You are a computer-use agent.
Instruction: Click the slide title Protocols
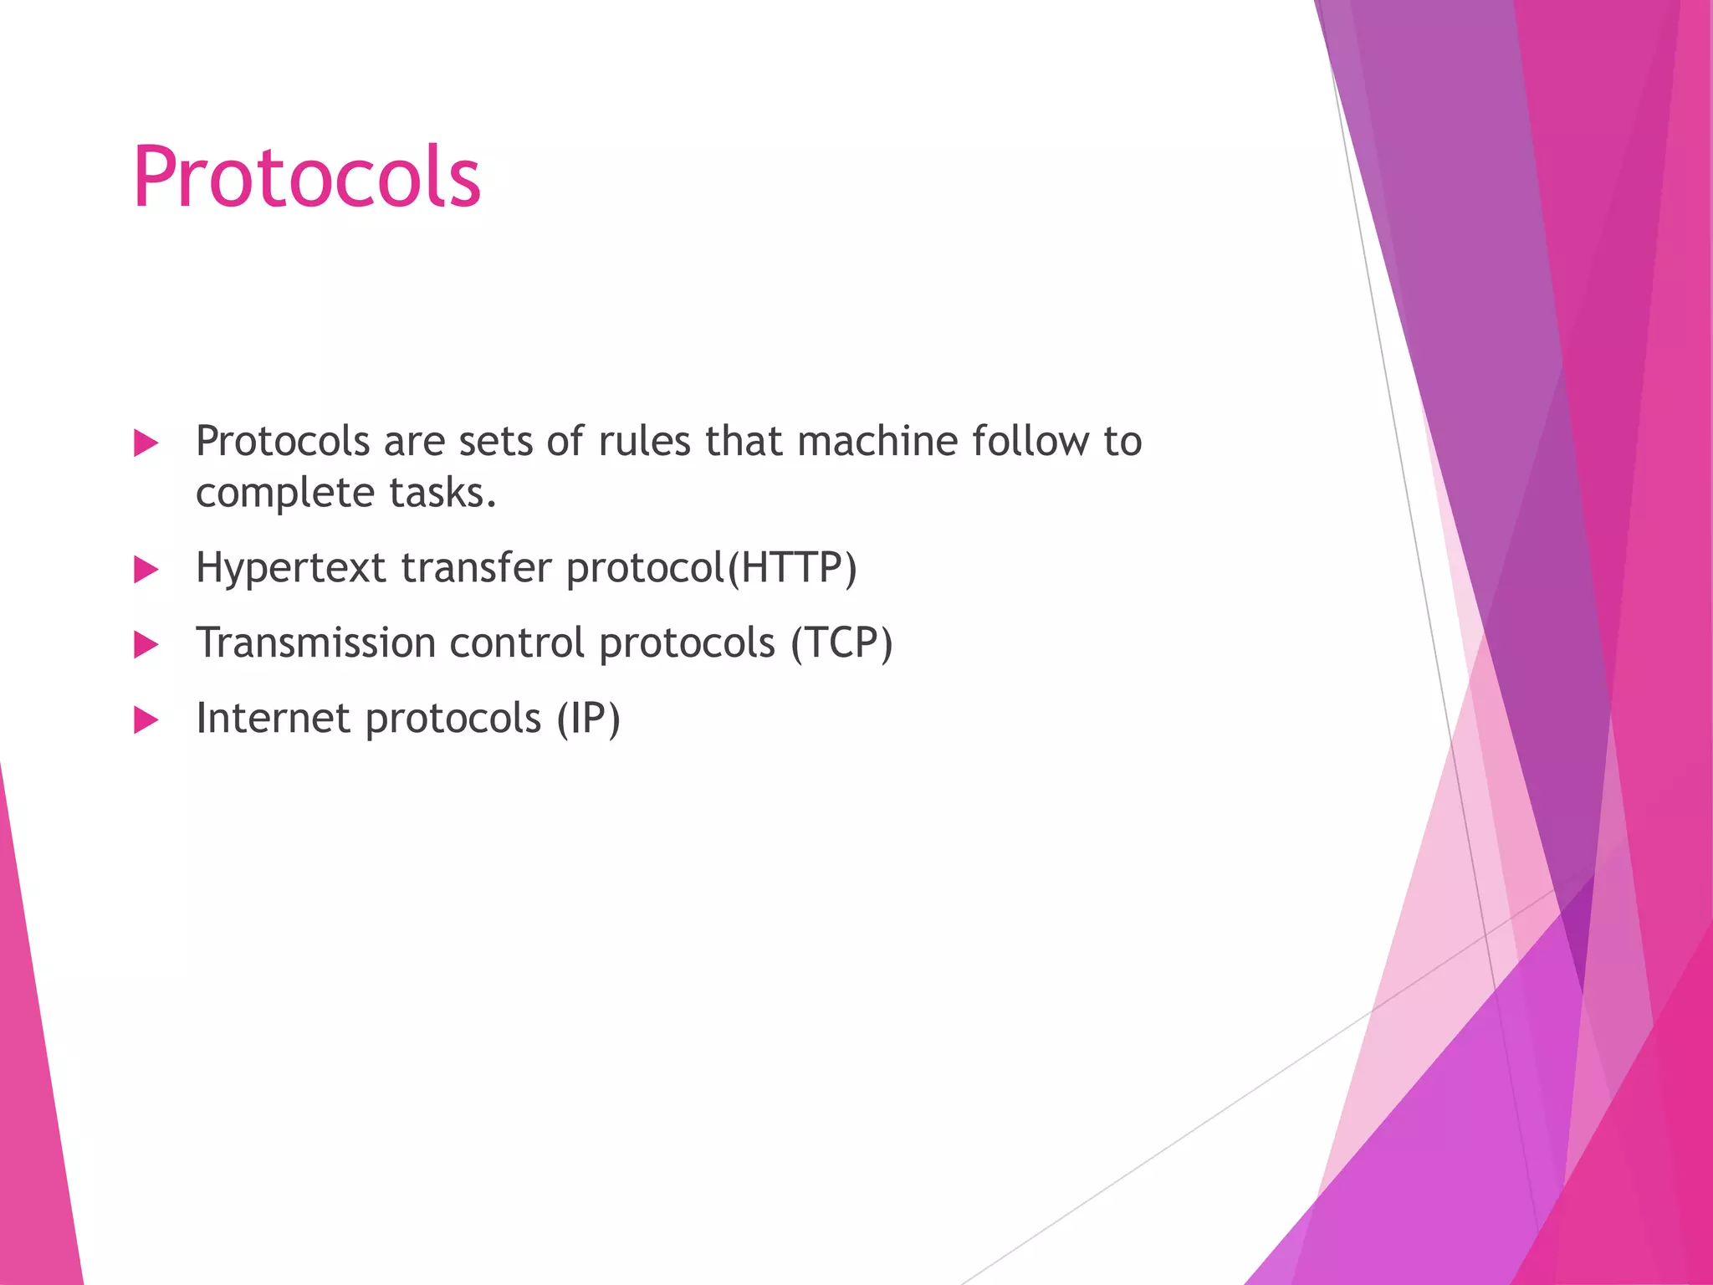(x=306, y=177)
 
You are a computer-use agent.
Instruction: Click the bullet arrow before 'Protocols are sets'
(x=146, y=443)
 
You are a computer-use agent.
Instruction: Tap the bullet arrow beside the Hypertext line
(x=146, y=570)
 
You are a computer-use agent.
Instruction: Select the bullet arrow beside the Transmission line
(x=146, y=645)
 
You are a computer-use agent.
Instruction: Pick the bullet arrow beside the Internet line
(x=146, y=719)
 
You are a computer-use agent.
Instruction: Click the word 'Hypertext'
(x=290, y=569)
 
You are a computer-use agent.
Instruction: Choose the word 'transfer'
(x=476, y=567)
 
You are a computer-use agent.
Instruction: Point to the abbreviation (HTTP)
(x=792, y=568)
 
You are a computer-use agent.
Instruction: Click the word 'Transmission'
(x=315, y=642)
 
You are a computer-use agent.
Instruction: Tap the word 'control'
(x=517, y=642)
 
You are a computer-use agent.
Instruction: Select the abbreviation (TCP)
(x=841, y=643)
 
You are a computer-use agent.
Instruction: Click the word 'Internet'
(x=273, y=718)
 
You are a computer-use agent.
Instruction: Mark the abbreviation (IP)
(x=589, y=719)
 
